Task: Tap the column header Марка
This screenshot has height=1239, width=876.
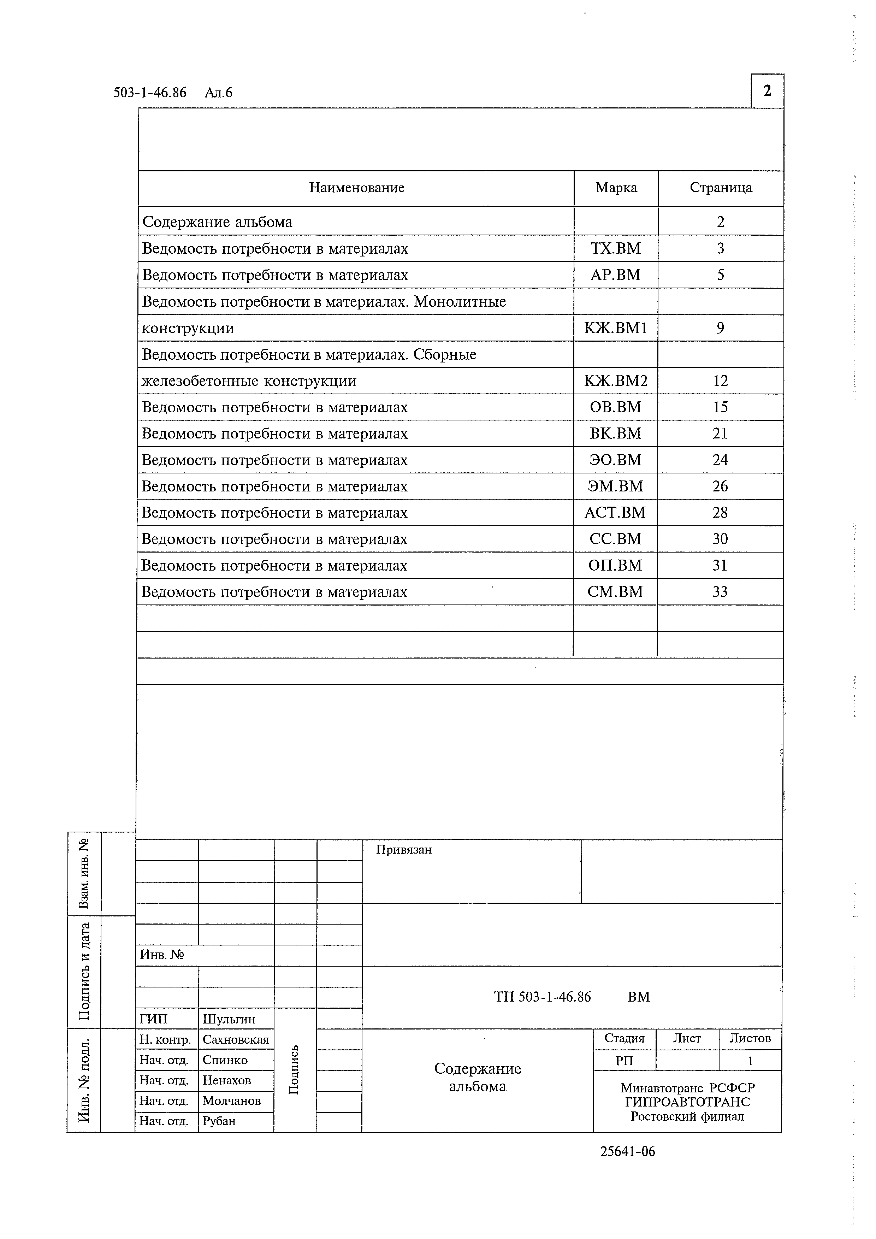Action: (x=616, y=188)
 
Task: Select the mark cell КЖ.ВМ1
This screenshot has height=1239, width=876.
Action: (x=615, y=328)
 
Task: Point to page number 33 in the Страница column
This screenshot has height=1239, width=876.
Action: (x=720, y=592)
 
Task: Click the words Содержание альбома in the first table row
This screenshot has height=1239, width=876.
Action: (x=217, y=222)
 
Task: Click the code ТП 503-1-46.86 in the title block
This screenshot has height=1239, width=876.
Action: (x=542, y=997)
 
